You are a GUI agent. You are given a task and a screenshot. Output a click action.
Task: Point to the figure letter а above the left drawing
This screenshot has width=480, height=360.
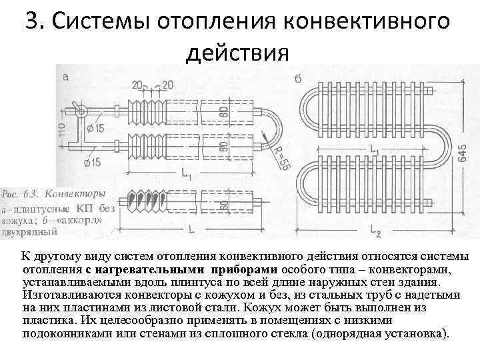click(x=65, y=77)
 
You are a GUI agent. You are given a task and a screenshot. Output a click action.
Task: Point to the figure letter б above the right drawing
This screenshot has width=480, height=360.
click(x=297, y=79)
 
